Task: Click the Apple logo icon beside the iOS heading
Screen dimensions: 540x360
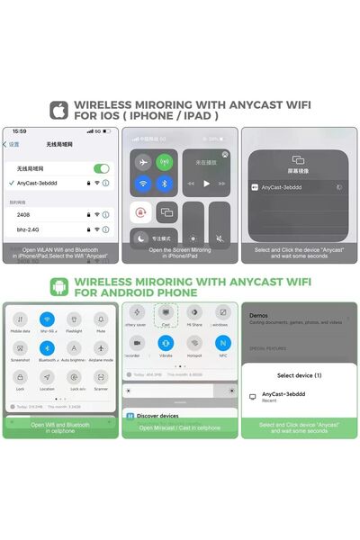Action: pyautogui.click(x=59, y=110)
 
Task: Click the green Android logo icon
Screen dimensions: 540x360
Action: pyautogui.click(x=59, y=286)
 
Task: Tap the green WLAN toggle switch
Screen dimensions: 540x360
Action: pyautogui.click(x=102, y=168)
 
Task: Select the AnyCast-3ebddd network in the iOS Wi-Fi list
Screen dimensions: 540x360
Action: pyautogui.click(x=40, y=183)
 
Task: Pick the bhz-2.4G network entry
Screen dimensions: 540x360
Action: pyautogui.click(x=30, y=229)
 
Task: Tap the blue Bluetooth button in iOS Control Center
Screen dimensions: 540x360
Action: pyautogui.click(x=164, y=184)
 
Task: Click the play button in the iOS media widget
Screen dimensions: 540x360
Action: pyautogui.click(x=206, y=183)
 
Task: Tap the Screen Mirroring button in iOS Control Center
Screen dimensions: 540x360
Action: pyautogui.click(x=166, y=212)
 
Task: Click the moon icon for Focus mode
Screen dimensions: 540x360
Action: pyautogui.click(x=141, y=238)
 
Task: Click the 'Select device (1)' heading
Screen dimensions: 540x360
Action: pyautogui.click(x=299, y=374)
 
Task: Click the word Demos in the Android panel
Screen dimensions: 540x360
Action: pyautogui.click(x=259, y=316)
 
